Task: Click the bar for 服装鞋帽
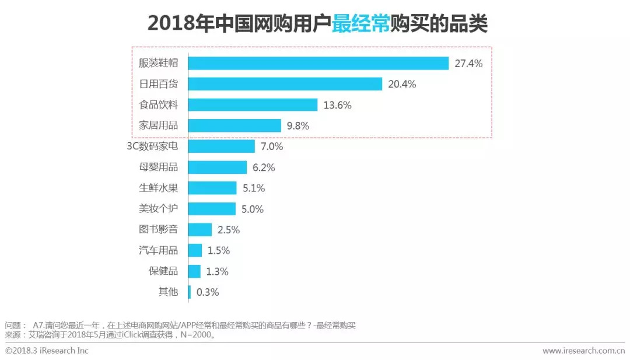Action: (x=318, y=63)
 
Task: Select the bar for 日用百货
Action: (x=285, y=84)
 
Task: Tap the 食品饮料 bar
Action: (x=253, y=105)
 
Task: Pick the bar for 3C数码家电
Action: (x=222, y=146)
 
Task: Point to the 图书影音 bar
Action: (x=200, y=229)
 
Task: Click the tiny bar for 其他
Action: (x=190, y=292)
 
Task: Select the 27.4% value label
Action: (x=468, y=64)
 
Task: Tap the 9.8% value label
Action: (x=297, y=125)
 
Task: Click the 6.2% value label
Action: (x=263, y=167)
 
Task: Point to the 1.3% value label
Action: (x=216, y=271)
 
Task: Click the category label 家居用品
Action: (x=157, y=125)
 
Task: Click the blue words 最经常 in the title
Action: (x=360, y=24)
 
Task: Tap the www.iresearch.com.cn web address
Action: (x=583, y=351)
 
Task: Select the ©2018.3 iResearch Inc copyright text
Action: (x=47, y=351)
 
